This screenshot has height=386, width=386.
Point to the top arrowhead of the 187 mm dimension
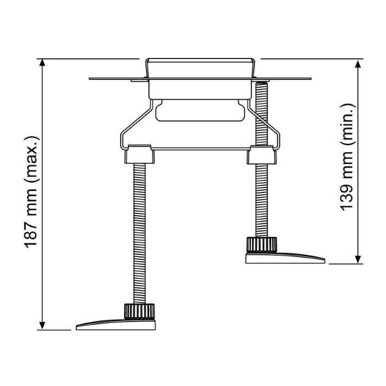point(42,63)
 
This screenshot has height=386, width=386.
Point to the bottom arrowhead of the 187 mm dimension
point(42,326)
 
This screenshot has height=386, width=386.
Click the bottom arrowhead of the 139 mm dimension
point(358,260)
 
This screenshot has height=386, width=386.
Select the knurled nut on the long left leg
point(140,312)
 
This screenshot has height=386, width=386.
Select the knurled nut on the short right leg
point(261,245)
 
